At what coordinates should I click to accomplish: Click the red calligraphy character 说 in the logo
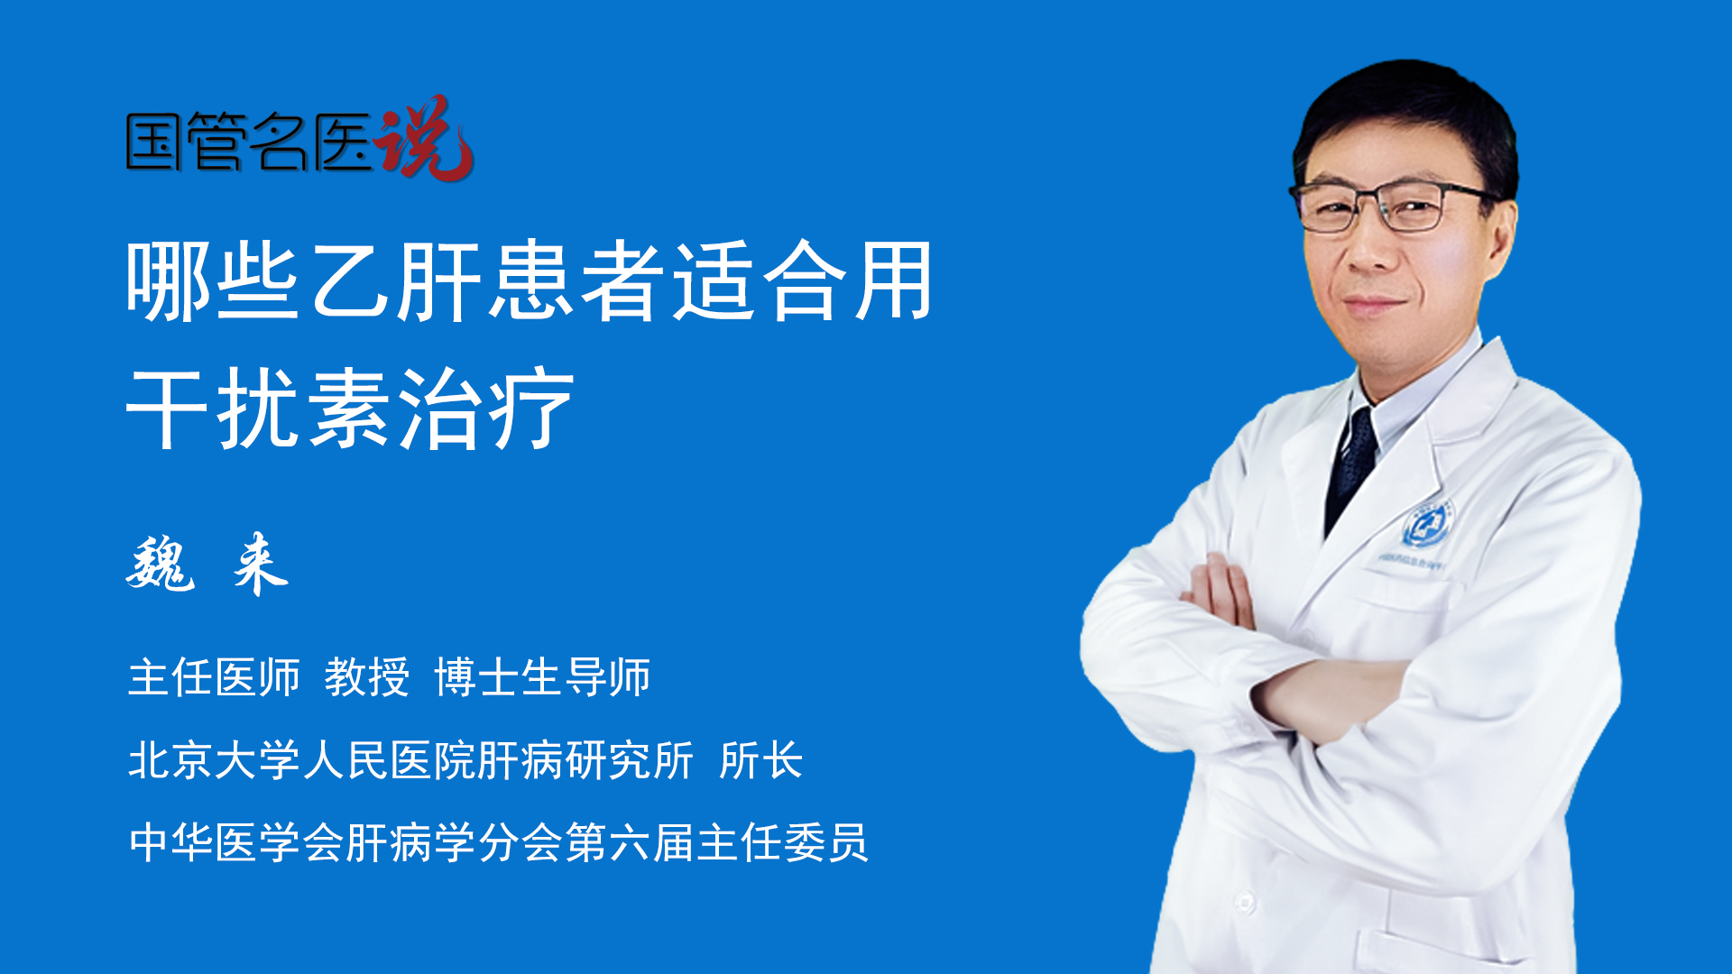[424, 138]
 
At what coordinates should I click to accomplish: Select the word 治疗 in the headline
[485, 409]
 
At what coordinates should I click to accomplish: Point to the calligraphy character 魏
[161, 564]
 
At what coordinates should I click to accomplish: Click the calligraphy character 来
[260, 564]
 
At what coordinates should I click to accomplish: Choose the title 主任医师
[214, 677]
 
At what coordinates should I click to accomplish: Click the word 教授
[366, 677]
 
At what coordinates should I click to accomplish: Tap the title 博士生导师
[542, 677]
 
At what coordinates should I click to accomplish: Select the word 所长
[760, 760]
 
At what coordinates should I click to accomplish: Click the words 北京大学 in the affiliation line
[215, 760]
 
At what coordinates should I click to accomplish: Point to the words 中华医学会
[236, 843]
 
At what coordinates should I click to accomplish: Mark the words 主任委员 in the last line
[782, 843]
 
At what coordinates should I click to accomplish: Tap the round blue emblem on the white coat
[1426, 526]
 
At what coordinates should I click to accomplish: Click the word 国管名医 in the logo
[249, 142]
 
